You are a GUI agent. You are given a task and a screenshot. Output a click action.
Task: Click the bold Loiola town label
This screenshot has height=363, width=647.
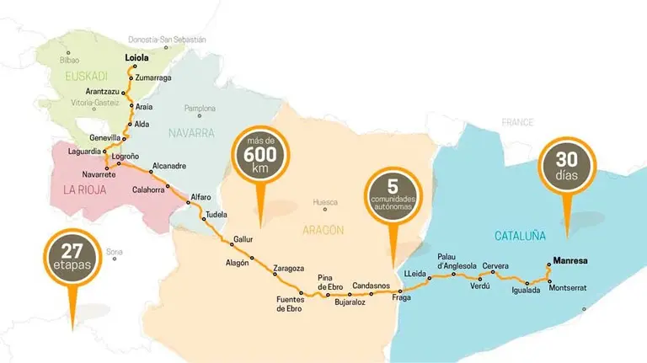(136, 58)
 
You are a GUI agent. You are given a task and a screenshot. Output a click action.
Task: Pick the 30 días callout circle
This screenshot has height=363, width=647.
(566, 162)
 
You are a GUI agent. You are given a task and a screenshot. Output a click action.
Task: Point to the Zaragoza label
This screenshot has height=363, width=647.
(288, 268)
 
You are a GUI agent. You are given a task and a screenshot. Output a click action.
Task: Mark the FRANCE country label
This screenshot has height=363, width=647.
(517, 122)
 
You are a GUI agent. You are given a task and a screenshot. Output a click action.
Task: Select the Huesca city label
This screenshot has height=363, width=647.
(325, 202)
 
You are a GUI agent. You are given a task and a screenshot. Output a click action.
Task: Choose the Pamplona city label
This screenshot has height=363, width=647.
(200, 108)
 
